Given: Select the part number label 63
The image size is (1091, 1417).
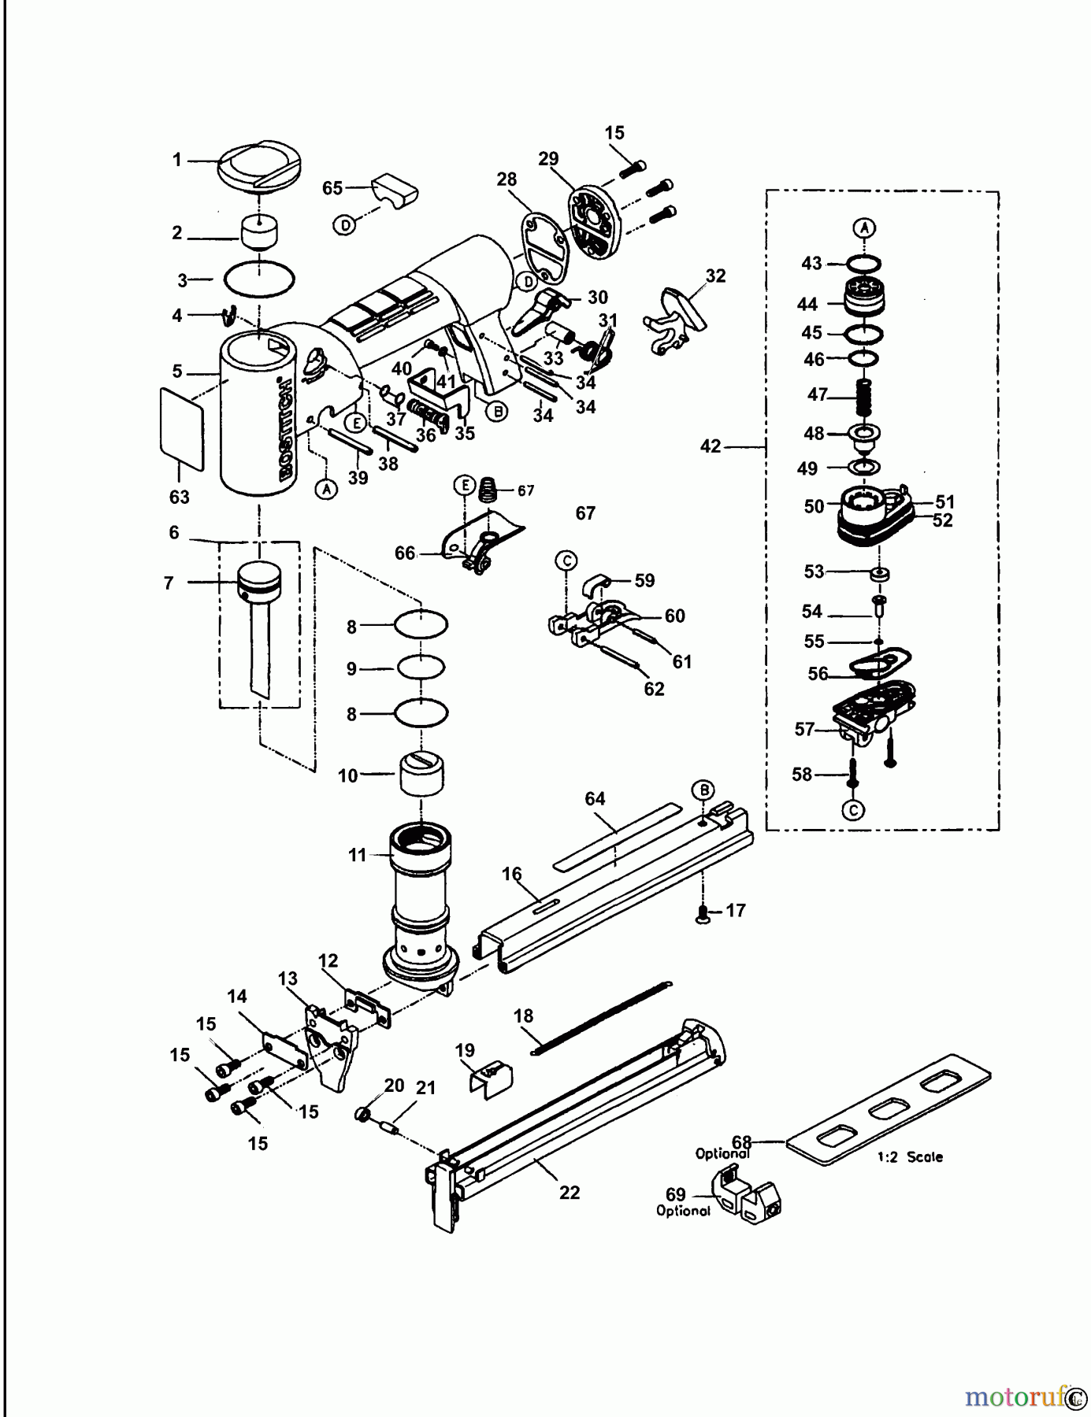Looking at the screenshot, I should click(180, 498).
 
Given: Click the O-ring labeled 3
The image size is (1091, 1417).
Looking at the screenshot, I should click(260, 279).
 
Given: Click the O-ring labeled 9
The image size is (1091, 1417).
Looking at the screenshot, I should click(421, 668).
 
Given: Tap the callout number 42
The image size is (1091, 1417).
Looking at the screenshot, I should click(711, 446).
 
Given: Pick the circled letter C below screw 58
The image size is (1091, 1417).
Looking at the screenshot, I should click(853, 810).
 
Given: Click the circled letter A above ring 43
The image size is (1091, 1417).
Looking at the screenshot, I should click(865, 228).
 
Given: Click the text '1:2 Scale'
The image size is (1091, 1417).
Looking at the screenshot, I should click(910, 1157).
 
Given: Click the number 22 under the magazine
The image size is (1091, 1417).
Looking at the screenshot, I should click(570, 1192).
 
